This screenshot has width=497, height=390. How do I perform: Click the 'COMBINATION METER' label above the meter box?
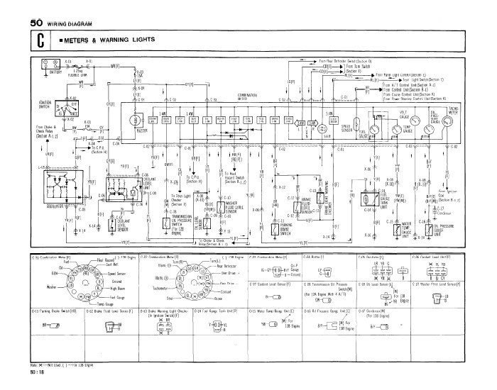248,96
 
